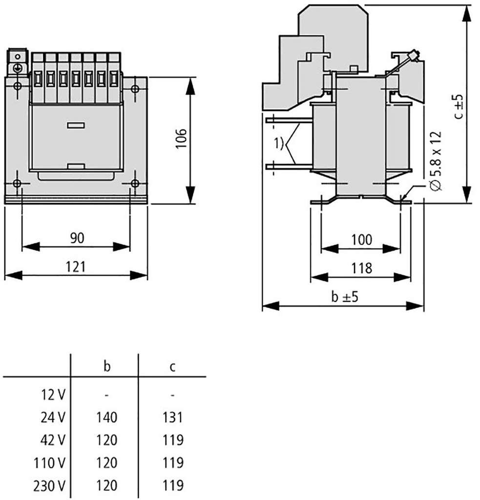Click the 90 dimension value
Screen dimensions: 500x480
coord(77,238)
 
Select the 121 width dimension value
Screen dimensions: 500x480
coord(76,267)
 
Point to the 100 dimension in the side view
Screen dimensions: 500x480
coord(362,240)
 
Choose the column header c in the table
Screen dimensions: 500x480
coord(173,367)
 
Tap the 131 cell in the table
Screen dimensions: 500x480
coord(173,417)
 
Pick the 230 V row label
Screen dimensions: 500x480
coord(49,486)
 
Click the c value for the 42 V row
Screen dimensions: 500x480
coord(173,440)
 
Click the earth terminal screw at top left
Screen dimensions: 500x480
coord(17,68)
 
